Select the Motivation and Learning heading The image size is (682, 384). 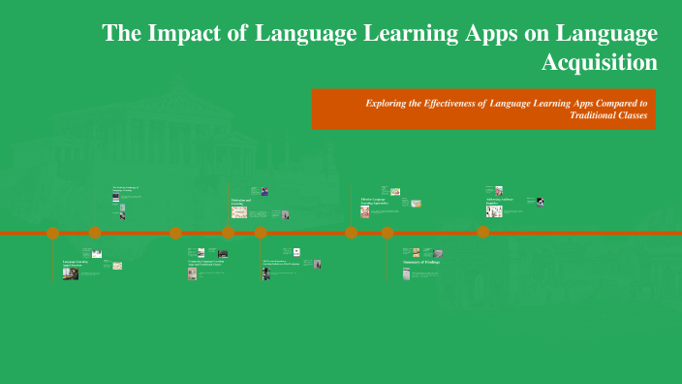pyautogui.click(x=241, y=202)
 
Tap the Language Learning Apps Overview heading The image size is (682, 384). pyautogui.click(x=75, y=263)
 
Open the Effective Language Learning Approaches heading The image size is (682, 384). pyautogui.click(x=373, y=201)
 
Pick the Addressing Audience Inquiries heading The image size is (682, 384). pyautogui.click(x=499, y=201)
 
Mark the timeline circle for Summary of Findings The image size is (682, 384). pyautogui.click(x=387, y=233)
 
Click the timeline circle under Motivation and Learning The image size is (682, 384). pyautogui.click(x=228, y=233)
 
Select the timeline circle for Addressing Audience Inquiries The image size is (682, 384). pyautogui.click(x=482, y=233)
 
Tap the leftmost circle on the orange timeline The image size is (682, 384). pyautogui.click(x=53, y=233)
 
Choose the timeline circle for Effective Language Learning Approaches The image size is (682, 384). pyautogui.click(x=352, y=233)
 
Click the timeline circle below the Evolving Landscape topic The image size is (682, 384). pyautogui.click(x=95, y=233)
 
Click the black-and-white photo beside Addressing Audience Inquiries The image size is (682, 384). pyautogui.click(x=540, y=203)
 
